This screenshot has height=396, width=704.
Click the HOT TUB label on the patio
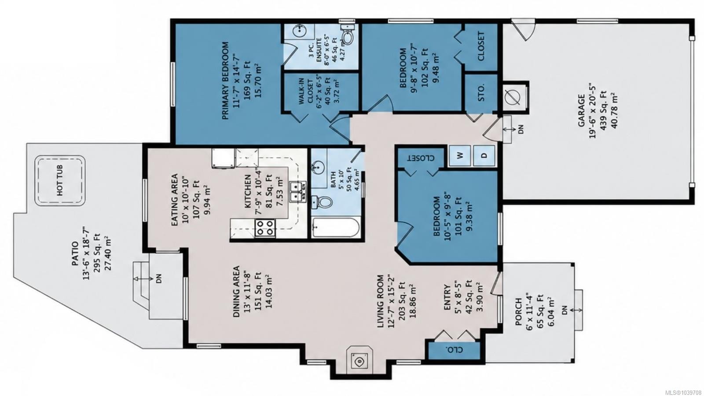60,180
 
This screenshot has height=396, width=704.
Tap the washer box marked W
460,156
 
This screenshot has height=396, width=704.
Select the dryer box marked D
484,156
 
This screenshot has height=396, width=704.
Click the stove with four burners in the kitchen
265,228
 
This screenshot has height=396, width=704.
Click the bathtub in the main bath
336,228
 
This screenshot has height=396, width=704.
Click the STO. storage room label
481,93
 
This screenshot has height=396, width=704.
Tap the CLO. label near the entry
454,349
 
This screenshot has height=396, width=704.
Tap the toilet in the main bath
322,202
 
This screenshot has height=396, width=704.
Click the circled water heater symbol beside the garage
512,97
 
